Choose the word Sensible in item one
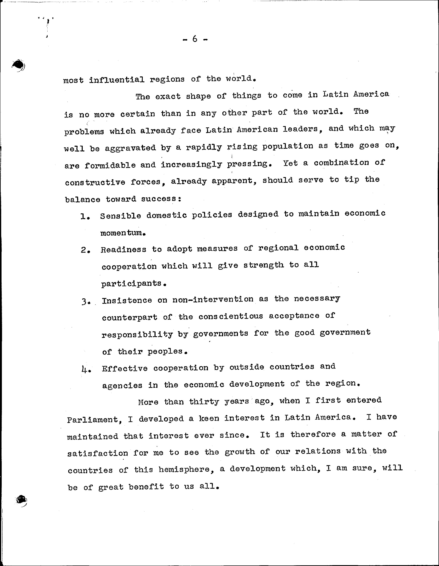pos(121,216)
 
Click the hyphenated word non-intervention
pos(213,299)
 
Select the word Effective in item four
pos(125,368)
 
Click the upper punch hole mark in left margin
pos(18,65)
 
